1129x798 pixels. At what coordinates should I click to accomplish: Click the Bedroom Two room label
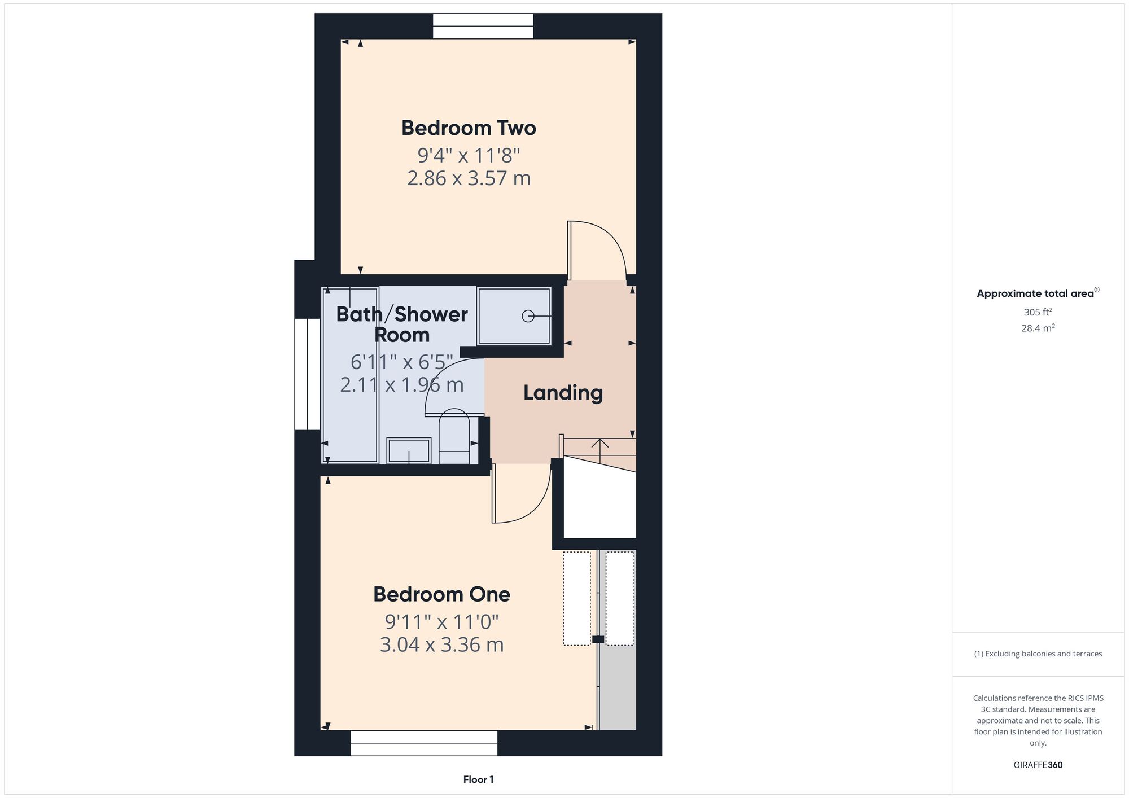[x=469, y=128]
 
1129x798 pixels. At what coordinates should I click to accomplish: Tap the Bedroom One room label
[x=441, y=594]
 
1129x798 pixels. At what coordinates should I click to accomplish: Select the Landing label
[x=563, y=393]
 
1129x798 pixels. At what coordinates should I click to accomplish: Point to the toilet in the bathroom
[x=454, y=437]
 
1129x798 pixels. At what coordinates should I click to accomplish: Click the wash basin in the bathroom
[x=409, y=451]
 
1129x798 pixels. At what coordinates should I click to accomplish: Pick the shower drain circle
[x=528, y=316]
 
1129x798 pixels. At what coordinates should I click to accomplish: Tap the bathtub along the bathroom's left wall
[x=350, y=375]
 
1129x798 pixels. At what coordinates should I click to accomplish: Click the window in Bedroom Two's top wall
[x=483, y=26]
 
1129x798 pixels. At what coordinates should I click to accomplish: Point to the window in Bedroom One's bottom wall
[x=424, y=743]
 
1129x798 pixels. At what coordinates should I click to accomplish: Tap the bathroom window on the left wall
[x=308, y=374]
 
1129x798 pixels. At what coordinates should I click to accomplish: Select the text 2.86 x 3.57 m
[x=469, y=178]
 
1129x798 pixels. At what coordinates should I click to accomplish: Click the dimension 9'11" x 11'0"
[x=441, y=622]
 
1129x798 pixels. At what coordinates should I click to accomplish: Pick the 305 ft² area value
[x=1038, y=312]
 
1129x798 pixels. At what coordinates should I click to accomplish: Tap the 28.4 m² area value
[x=1038, y=328]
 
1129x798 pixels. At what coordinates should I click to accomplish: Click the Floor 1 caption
[x=478, y=779]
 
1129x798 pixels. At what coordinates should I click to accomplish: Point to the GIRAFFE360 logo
[x=1038, y=765]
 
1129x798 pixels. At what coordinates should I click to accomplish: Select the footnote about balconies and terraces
[x=1038, y=654]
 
